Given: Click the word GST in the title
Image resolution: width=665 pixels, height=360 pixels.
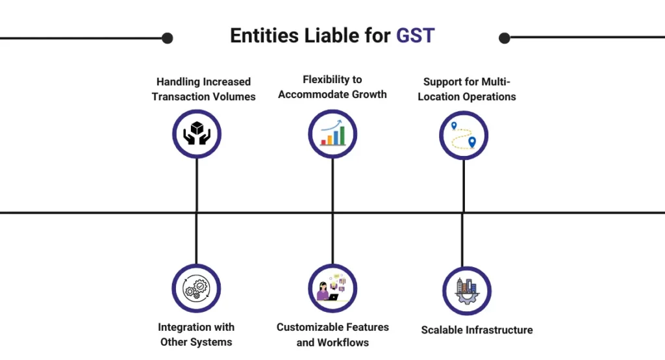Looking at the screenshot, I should click(415, 36).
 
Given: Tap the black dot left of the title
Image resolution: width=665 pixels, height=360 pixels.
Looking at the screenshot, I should click(167, 38).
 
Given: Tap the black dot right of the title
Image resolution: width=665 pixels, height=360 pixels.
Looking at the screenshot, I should click(505, 38).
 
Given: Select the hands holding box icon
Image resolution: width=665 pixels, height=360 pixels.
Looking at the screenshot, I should click(197, 134).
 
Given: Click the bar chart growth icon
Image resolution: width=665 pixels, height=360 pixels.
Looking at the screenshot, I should click(332, 134).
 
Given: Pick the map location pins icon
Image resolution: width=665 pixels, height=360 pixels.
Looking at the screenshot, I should click(463, 135).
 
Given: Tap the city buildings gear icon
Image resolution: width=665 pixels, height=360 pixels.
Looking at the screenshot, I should click(466, 290).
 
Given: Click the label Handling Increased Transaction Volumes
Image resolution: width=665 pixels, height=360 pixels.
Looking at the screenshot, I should click(203, 89).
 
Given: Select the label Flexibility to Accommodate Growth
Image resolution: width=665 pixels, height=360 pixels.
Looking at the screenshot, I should click(332, 86).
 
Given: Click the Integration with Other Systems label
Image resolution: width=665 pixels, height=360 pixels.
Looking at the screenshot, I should click(196, 334).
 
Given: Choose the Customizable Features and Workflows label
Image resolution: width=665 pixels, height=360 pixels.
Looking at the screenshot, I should click(332, 334).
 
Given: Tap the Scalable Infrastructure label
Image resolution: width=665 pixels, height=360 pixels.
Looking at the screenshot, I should click(477, 330).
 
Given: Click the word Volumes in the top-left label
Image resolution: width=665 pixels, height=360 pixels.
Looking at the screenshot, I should click(234, 97).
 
